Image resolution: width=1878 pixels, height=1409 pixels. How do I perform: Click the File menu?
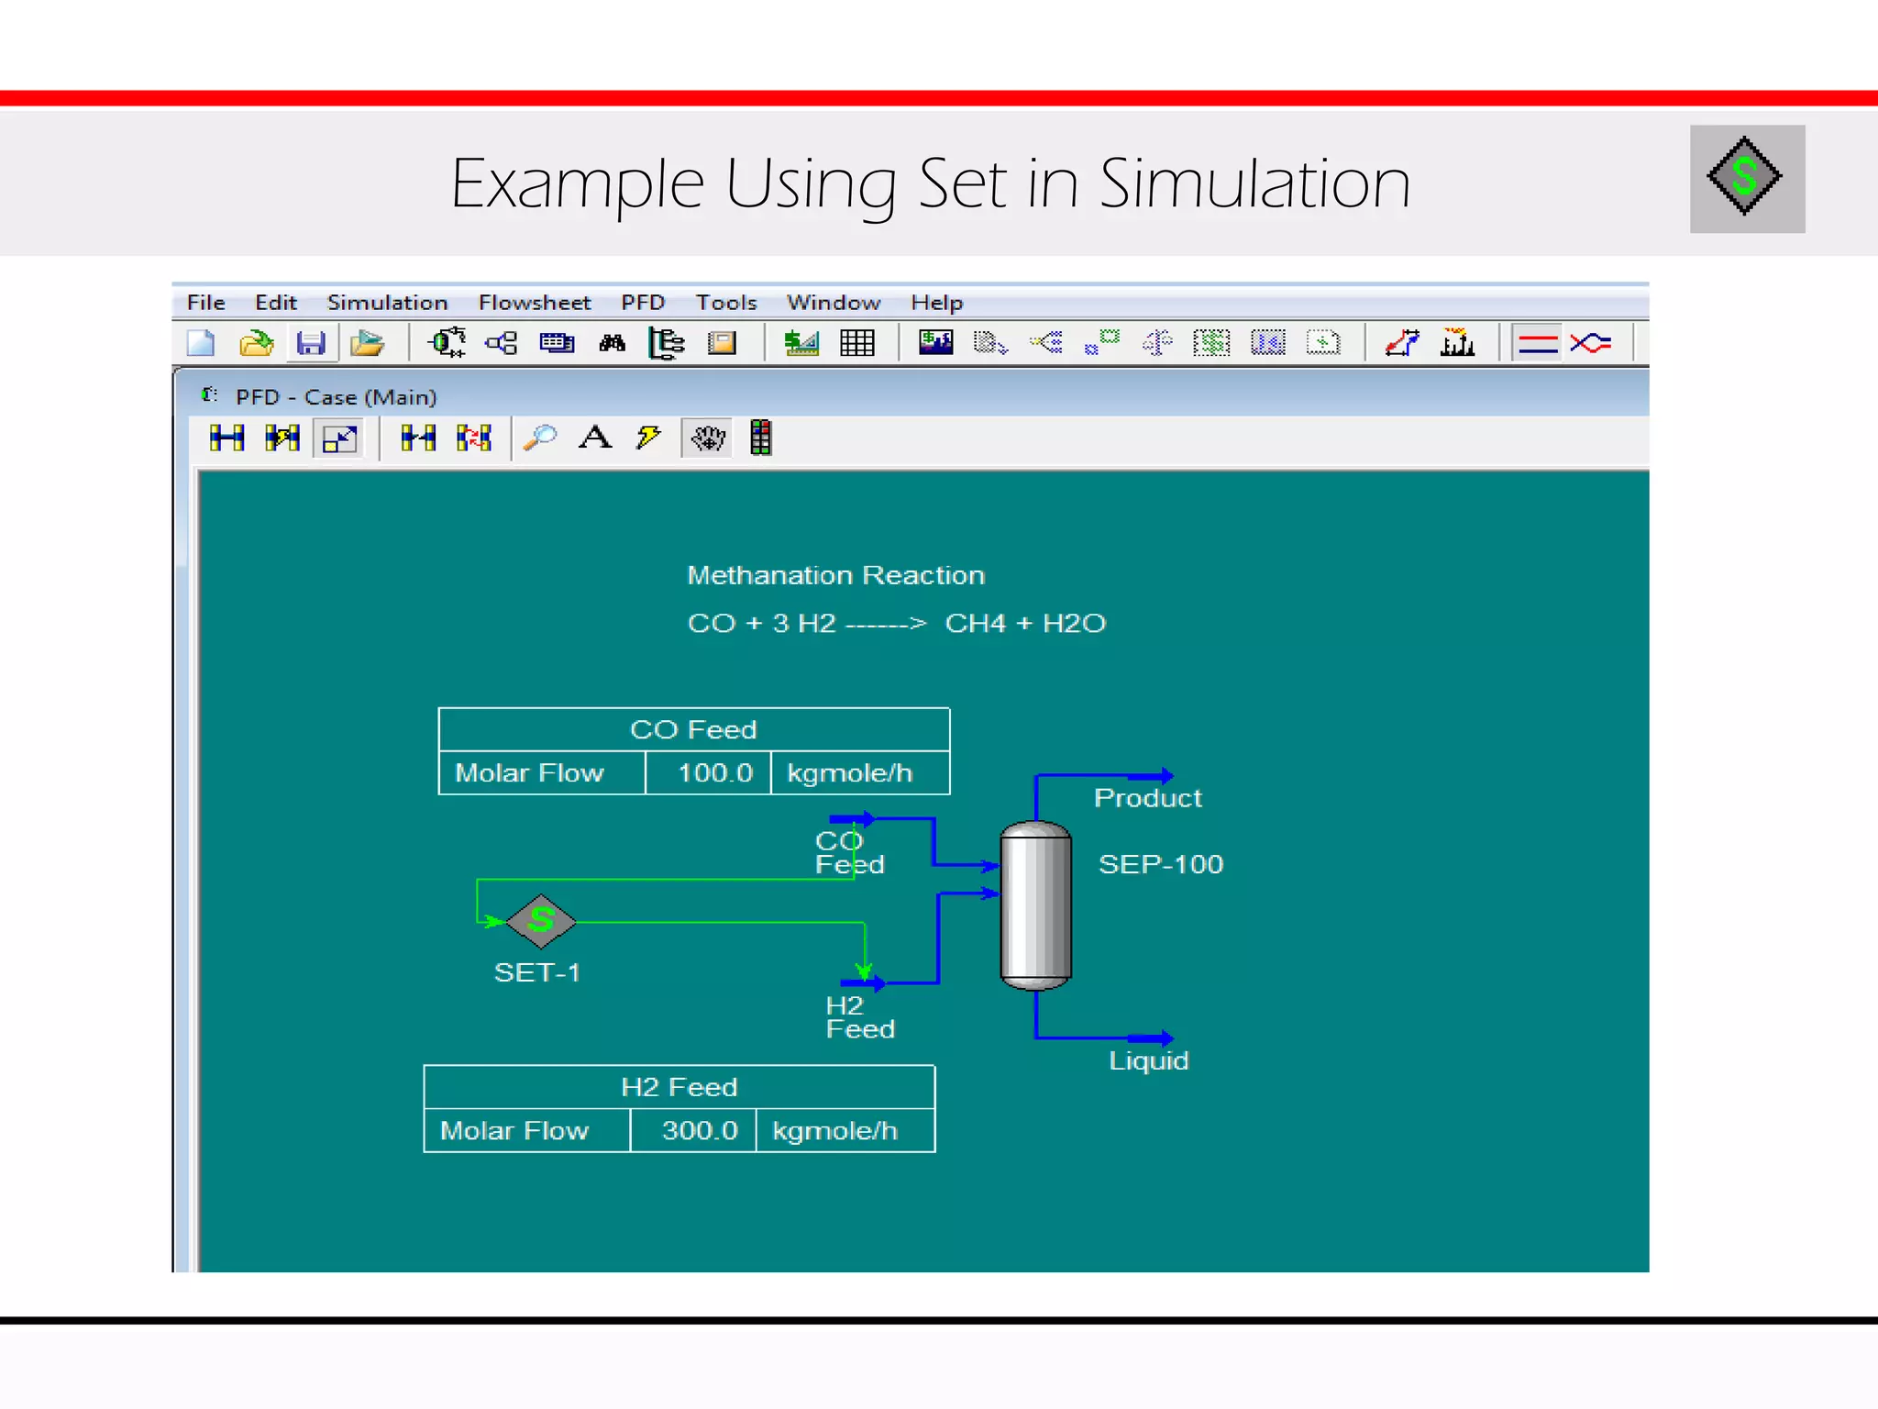click(205, 303)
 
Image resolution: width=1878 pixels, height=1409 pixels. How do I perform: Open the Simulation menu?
click(387, 303)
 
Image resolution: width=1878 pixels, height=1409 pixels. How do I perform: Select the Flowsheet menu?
click(534, 303)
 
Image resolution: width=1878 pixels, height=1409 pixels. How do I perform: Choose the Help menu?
click(936, 303)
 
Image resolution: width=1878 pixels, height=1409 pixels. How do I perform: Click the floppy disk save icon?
click(311, 344)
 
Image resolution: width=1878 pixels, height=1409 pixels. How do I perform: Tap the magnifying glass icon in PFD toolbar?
click(540, 438)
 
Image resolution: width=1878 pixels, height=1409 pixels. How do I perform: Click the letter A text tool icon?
click(595, 438)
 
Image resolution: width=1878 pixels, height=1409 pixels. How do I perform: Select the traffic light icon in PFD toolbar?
click(760, 438)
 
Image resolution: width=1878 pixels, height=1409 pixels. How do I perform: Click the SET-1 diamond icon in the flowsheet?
click(541, 920)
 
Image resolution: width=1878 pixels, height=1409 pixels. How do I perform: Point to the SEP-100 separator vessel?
click(1035, 905)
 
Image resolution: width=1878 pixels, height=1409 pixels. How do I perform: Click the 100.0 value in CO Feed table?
click(714, 773)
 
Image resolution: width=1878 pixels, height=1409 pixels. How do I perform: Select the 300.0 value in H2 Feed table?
click(699, 1131)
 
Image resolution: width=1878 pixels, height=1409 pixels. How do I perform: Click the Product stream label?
click(1147, 798)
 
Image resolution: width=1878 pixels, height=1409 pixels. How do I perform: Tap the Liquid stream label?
click(1148, 1061)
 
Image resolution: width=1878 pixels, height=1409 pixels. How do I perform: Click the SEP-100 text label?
click(1160, 864)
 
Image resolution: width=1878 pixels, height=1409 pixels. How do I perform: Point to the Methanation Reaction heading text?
click(835, 575)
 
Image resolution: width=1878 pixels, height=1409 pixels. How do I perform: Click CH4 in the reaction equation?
click(975, 624)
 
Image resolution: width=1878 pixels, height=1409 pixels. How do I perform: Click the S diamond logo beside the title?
click(1746, 178)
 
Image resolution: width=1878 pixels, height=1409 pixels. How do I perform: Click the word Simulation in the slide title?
click(1254, 184)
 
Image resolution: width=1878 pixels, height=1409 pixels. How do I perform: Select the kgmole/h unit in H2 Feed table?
click(834, 1131)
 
